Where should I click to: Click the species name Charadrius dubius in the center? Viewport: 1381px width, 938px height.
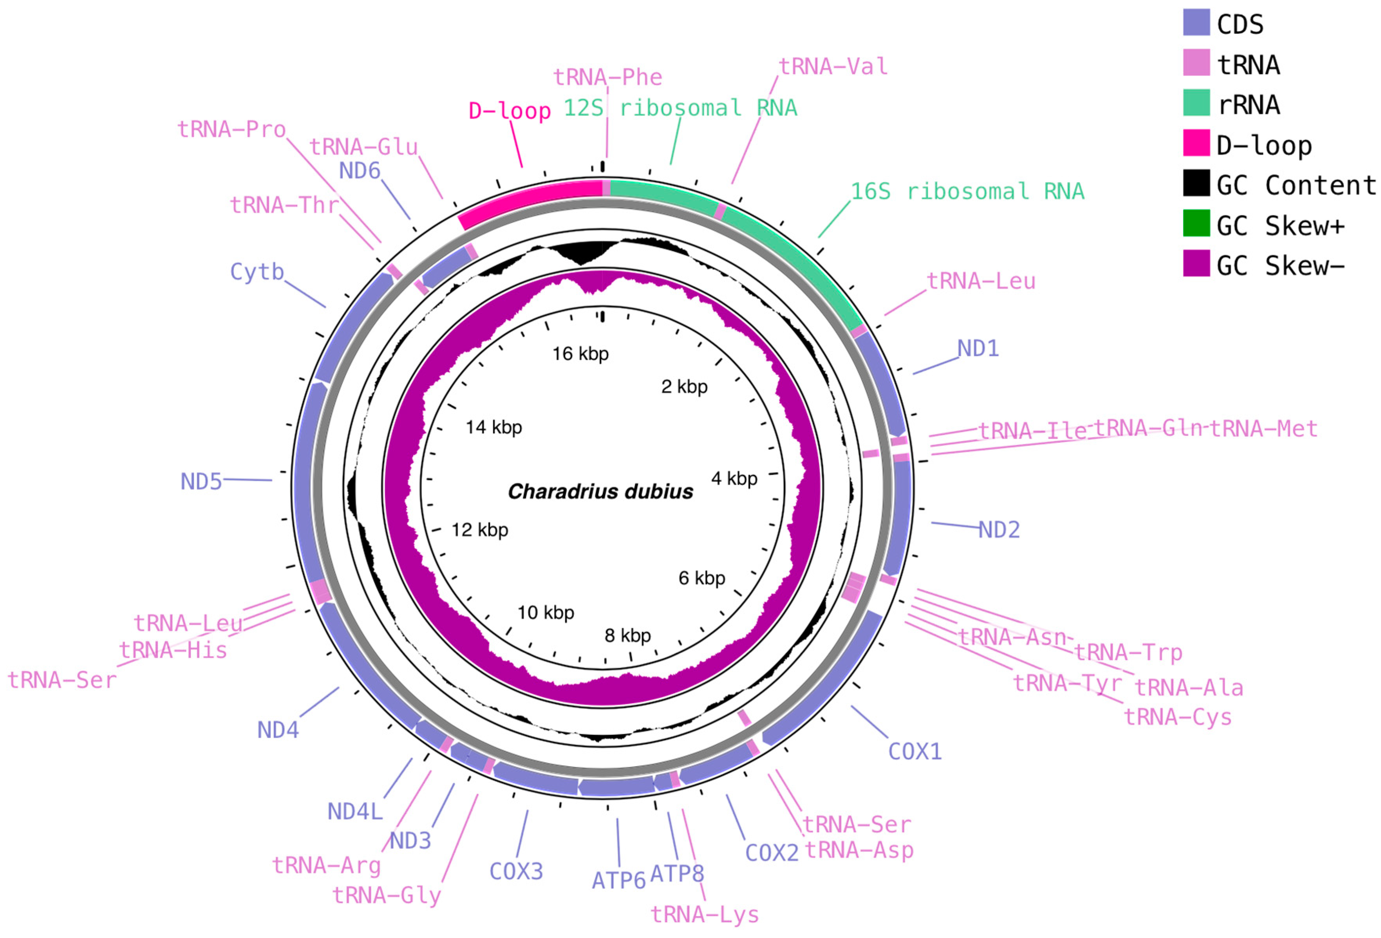[x=600, y=491]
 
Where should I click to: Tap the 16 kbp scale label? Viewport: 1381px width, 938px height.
[x=580, y=354]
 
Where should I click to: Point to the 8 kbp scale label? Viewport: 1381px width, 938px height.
[x=627, y=636]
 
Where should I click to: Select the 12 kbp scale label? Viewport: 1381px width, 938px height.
[x=479, y=530]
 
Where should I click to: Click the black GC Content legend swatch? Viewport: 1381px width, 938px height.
[x=1196, y=182]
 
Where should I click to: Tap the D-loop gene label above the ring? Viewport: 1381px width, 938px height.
[x=509, y=110]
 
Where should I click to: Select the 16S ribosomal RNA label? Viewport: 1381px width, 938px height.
[x=967, y=191]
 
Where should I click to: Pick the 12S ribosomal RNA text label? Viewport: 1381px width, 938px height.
[x=680, y=108]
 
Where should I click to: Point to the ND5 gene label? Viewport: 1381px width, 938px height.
[x=201, y=481]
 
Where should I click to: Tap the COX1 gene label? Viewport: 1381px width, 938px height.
[x=915, y=752]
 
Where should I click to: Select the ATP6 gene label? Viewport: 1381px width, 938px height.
[x=618, y=880]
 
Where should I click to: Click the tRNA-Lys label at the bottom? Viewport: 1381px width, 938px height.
[x=705, y=914]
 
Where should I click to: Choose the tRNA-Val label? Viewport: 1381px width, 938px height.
[x=833, y=67]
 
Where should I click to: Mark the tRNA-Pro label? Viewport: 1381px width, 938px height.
[x=232, y=129]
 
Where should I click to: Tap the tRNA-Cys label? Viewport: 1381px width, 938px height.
[x=1178, y=717]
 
